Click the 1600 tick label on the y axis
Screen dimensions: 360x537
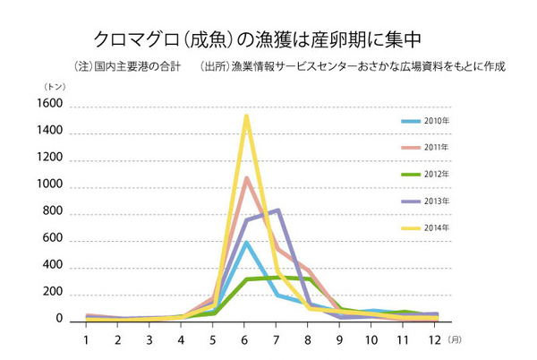[49, 105]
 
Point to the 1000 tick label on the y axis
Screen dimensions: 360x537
[49, 185]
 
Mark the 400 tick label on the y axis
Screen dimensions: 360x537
[52, 266]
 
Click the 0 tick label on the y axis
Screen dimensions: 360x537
[59, 320]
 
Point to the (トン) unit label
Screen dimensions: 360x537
[55, 86]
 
